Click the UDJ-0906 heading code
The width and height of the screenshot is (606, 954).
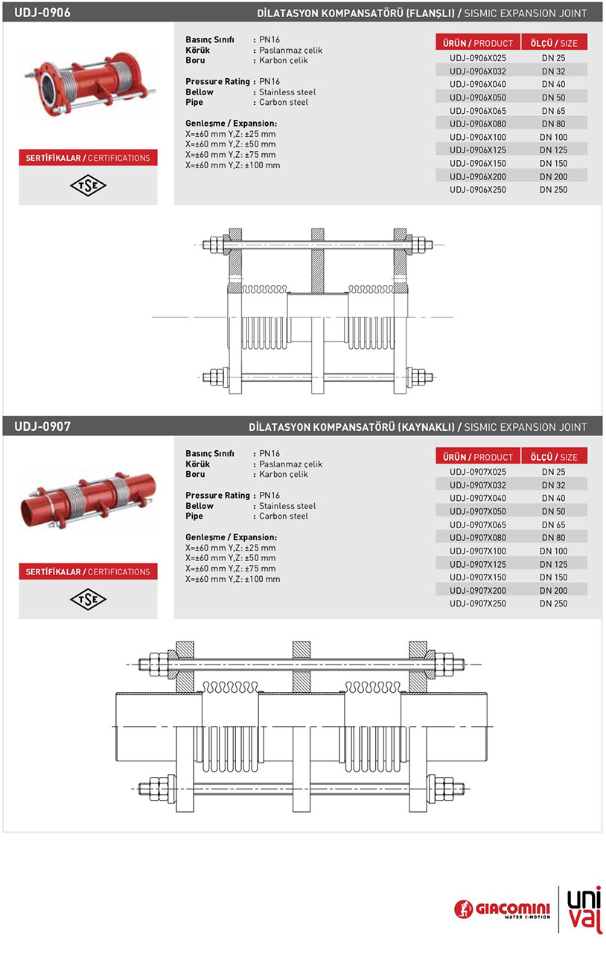coord(42,13)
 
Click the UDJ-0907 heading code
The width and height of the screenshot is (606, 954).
coord(42,426)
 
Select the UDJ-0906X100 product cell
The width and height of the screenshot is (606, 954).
coord(478,137)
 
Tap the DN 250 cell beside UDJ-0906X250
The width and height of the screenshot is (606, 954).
coord(554,190)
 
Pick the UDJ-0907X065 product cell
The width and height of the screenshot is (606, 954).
coord(478,525)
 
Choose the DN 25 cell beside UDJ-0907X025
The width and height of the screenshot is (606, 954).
coord(554,472)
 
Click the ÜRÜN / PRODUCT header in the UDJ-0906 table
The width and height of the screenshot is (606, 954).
coord(478,43)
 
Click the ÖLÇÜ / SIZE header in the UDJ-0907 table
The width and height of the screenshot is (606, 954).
coord(554,457)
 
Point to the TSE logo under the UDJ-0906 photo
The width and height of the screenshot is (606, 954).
coord(89,185)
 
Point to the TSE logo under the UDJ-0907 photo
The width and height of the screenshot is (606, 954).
coord(89,599)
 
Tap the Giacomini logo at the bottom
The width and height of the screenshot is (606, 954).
coord(503,909)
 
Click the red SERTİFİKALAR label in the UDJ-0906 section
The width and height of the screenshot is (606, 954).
coord(88,158)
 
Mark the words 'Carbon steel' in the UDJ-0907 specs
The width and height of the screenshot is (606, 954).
coord(283,516)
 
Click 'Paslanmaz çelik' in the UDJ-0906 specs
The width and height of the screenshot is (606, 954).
coord(291,50)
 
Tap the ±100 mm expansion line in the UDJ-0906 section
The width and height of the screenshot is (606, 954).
coord(233,165)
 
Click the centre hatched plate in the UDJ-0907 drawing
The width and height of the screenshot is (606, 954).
coord(301,649)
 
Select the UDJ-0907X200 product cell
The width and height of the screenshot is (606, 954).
coord(478,590)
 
